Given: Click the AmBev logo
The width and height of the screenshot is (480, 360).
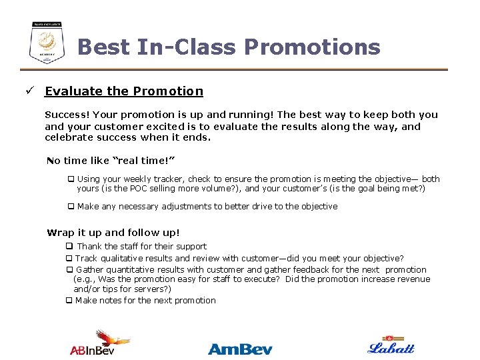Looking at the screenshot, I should click(240, 348).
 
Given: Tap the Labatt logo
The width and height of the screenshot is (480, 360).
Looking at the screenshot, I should click(391, 345).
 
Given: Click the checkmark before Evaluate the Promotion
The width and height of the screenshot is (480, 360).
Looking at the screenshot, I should click(30, 91).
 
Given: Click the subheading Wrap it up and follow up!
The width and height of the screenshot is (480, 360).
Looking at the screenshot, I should click(113, 233).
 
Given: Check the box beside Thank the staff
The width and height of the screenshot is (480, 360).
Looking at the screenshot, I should click(69, 247).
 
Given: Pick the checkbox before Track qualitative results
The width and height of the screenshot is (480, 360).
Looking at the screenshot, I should click(69, 259).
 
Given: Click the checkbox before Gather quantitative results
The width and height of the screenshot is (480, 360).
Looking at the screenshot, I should click(69, 270).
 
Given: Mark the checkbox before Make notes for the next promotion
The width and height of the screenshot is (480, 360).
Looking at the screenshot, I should click(69, 301).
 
